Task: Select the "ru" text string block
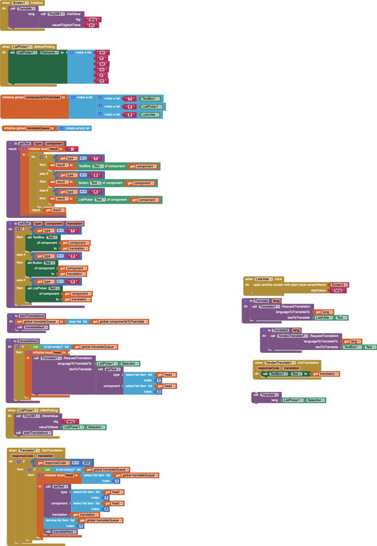(102, 69)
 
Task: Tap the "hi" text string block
(102, 81)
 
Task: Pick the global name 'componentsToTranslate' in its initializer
(42, 97)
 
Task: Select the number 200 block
(86, 462)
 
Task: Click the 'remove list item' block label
(58, 520)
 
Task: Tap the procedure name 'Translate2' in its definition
(280, 330)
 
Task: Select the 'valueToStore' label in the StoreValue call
(49, 427)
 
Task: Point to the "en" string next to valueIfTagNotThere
(91, 25)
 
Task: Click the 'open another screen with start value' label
(289, 284)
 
